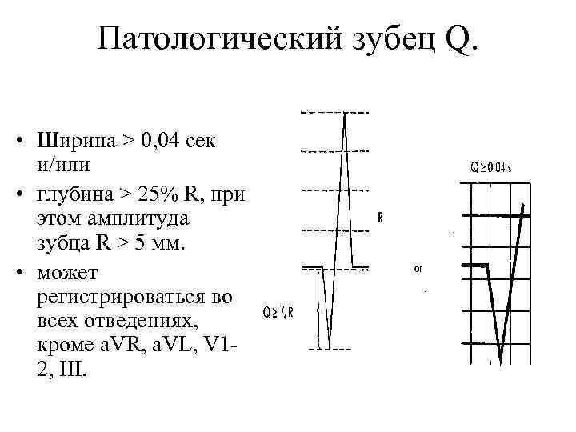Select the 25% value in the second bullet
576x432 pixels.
[x=166, y=196]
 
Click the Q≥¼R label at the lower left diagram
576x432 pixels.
[x=278, y=313]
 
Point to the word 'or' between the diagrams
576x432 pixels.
[x=418, y=269]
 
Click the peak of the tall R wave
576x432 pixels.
[x=345, y=114]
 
